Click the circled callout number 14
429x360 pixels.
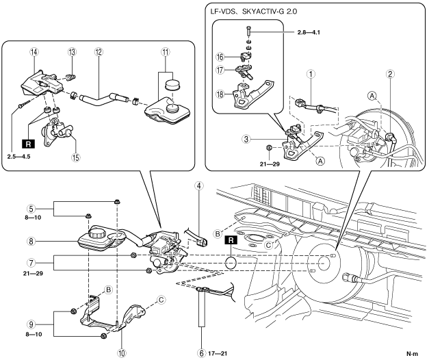click(35, 52)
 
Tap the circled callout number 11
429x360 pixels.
click(166, 52)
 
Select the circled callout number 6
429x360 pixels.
click(202, 353)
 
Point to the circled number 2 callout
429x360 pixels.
click(390, 73)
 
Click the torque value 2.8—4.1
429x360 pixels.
click(309, 32)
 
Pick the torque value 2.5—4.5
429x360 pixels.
click(19, 157)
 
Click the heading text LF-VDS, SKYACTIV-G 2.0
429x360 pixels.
click(253, 12)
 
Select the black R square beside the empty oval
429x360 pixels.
click(231, 240)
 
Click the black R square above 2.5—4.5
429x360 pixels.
click(29, 144)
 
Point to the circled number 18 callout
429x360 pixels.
click(220, 94)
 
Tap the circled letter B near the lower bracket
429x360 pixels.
click(108, 290)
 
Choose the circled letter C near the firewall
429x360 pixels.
click(269, 245)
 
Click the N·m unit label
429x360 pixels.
click(413, 354)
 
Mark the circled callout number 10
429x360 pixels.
click(122, 353)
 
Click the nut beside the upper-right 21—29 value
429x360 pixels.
click(269, 148)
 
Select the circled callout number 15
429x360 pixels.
click(76, 157)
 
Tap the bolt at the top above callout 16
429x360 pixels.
click(248, 31)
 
